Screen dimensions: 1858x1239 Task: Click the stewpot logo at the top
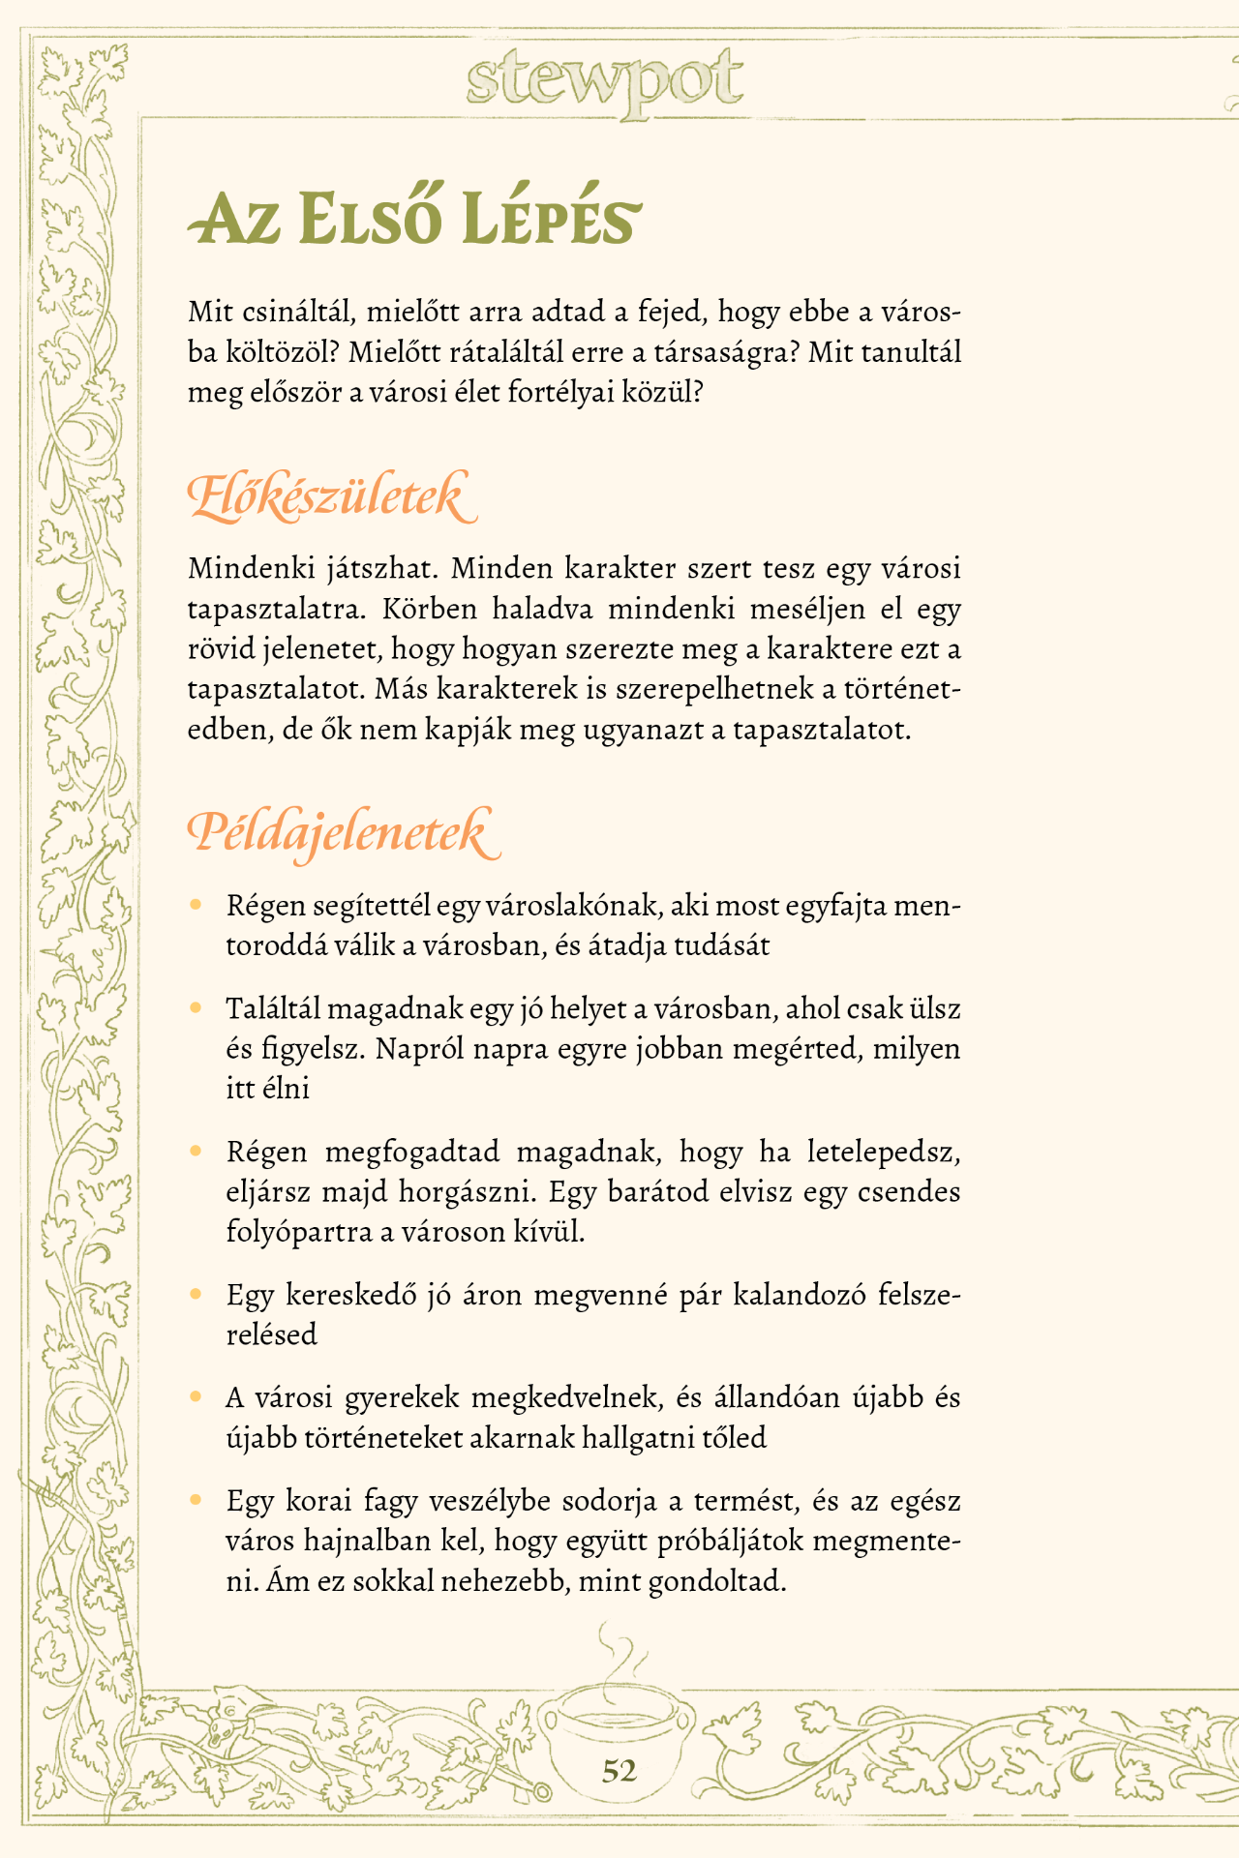pyautogui.click(x=605, y=82)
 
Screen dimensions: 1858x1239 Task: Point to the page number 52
pyautogui.click(x=619, y=1771)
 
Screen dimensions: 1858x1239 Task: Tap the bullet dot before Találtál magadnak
pyautogui.click(x=196, y=1008)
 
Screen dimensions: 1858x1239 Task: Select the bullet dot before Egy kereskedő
pyautogui.click(x=196, y=1294)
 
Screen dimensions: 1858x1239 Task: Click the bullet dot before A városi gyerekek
pyautogui.click(x=196, y=1397)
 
